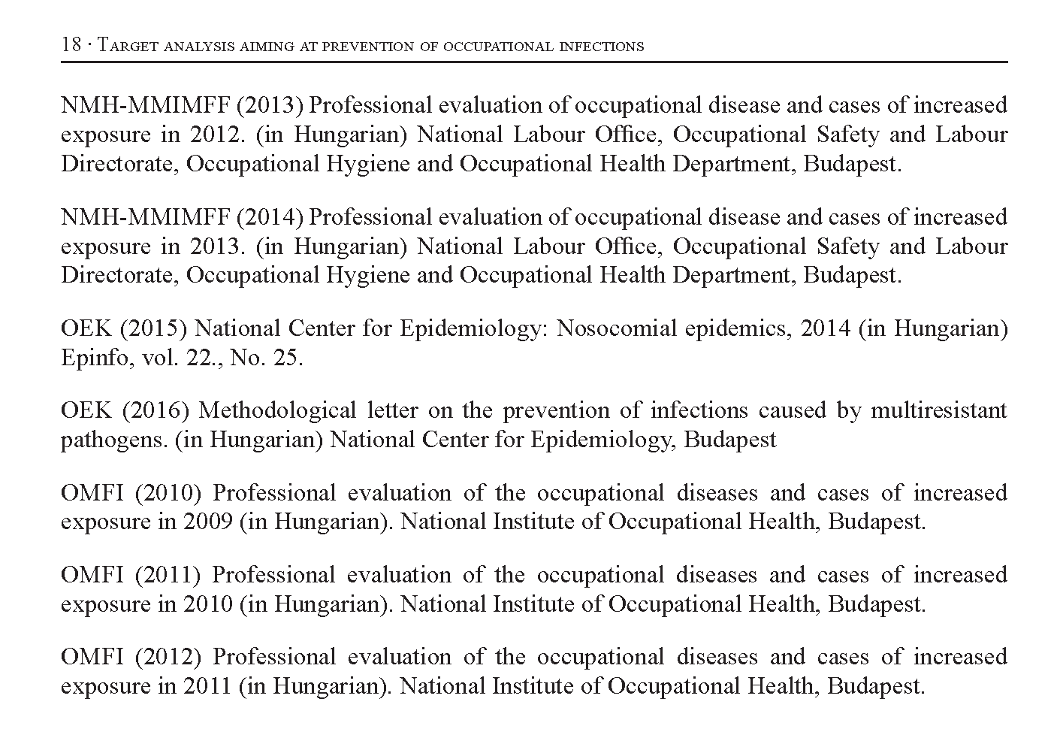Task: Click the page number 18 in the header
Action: pyautogui.click(x=71, y=45)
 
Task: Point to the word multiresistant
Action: pyautogui.click(x=938, y=411)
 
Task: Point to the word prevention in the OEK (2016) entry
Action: pyautogui.click(x=556, y=411)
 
